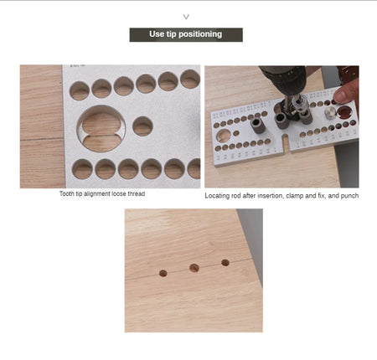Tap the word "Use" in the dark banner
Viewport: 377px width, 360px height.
pyautogui.click(x=157, y=34)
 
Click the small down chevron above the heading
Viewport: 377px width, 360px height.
pyautogui.click(x=186, y=17)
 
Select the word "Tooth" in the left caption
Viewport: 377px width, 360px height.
pyautogui.click(x=67, y=193)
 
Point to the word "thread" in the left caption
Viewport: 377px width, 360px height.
pyautogui.click(x=137, y=193)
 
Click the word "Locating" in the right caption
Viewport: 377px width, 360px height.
pyautogui.click(x=215, y=196)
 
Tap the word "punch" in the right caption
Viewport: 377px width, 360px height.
pyautogui.click(x=350, y=196)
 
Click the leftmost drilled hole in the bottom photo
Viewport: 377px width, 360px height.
pyautogui.click(x=163, y=273)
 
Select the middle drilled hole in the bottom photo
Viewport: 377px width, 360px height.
pyautogui.click(x=194, y=268)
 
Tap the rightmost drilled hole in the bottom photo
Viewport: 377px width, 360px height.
pyautogui.click(x=225, y=263)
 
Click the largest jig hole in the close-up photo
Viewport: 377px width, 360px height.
pyautogui.click(x=101, y=128)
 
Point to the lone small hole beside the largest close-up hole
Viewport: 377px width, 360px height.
pyautogui.click(x=142, y=126)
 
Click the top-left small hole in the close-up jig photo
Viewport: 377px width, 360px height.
pyautogui.click(x=80, y=90)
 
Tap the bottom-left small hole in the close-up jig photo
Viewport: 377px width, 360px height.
pyautogui.click(x=82, y=168)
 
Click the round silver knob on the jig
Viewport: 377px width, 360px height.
pyautogui.click(x=330, y=113)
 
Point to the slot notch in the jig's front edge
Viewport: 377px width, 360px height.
pyautogui.click(x=285, y=141)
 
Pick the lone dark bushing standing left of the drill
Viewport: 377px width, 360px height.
pyautogui.click(x=256, y=126)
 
